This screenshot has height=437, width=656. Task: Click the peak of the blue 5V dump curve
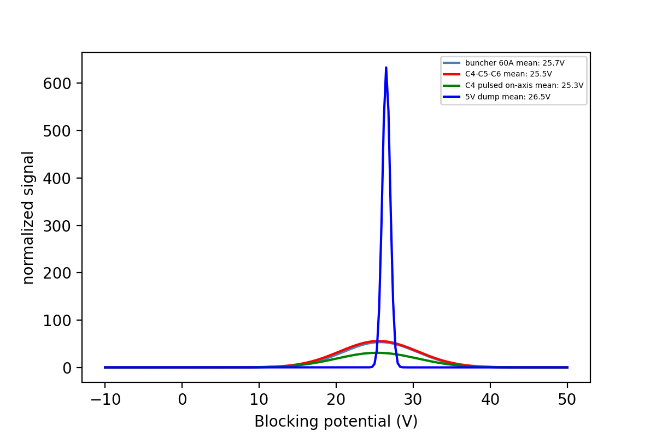point(386,68)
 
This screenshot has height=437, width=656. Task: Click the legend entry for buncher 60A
point(514,63)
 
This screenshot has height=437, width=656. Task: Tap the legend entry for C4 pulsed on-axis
point(524,85)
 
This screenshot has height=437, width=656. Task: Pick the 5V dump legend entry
point(507,97)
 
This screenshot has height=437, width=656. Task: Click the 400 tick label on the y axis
point(58,178)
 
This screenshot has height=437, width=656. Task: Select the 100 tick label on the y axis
point(58,320)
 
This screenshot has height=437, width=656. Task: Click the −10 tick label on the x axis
point(104,399)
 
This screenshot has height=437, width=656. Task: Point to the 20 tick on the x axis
point(336,399)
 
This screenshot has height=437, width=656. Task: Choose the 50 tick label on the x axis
point(567,399)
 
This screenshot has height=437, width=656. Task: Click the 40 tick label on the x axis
point(490,399)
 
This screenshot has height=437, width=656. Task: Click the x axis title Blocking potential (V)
point(336,421)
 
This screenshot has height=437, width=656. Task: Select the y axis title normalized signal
point(28,217)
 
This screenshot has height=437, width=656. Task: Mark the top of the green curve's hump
point(377,353)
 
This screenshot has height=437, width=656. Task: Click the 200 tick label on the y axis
point(58,273)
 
